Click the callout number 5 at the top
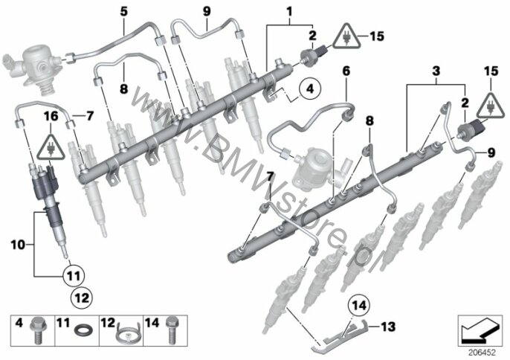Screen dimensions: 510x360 pos(124,11)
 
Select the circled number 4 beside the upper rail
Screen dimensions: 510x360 pos(310,89)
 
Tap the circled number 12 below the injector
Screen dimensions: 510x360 pos(82,298)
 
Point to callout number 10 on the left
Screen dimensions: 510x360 pos(18,245)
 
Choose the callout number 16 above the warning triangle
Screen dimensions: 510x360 pos(51,116)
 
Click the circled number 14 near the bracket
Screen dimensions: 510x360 pos(359,306)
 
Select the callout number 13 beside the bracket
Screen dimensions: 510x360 pos(388,326)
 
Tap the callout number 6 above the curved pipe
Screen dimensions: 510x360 pos(346,71)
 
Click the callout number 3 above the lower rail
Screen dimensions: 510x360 pos(436,71)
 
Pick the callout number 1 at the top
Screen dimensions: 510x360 pos(289,12)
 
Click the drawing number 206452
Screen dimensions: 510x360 pos(482,353)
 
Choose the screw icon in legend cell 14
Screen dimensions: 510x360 pos(172,330)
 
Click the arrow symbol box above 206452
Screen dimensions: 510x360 pos(480,330)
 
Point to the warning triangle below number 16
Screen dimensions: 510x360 pos(51,146)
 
